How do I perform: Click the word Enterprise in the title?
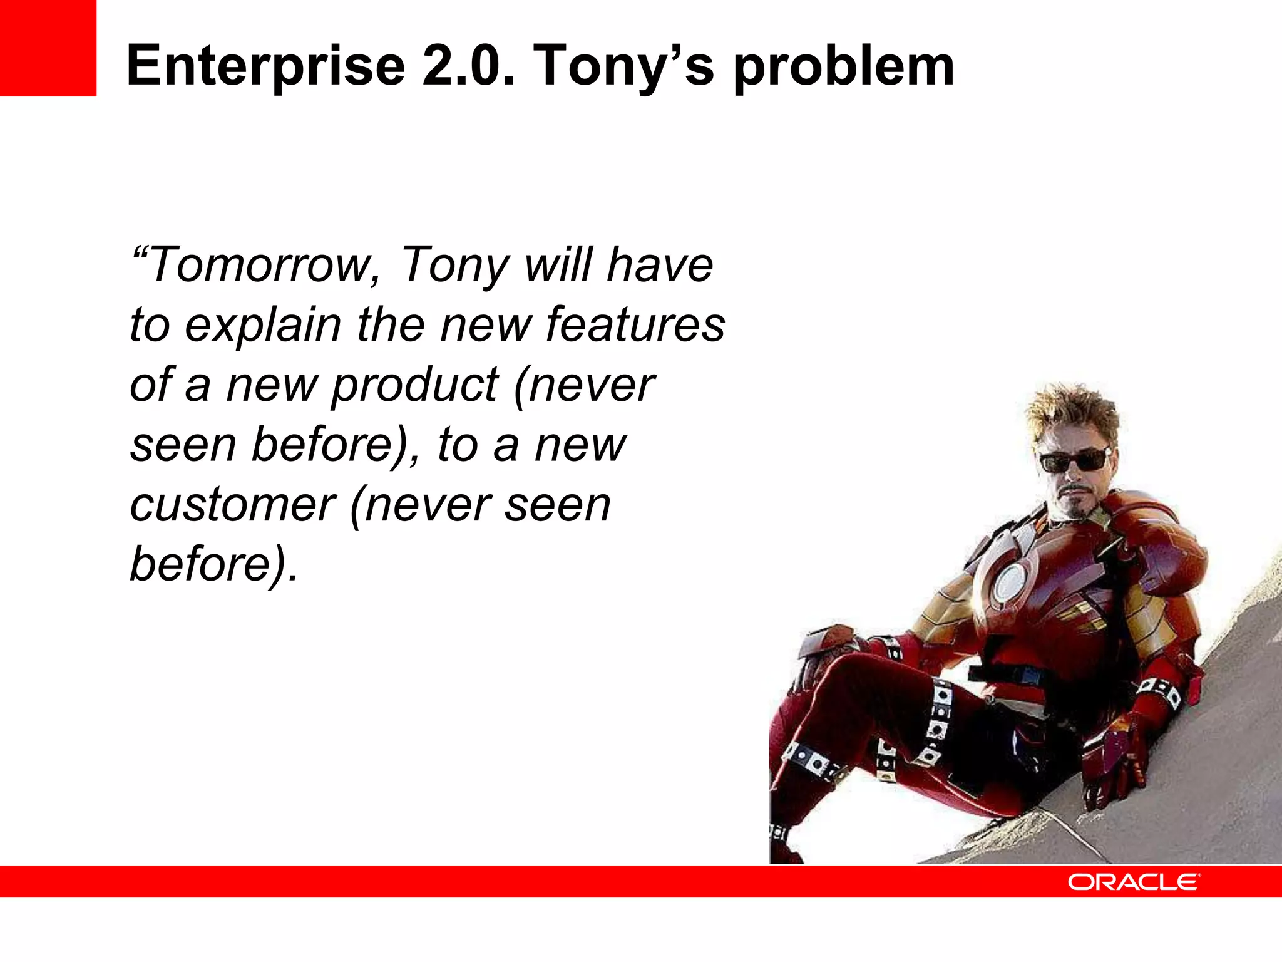click(x=265, y=66)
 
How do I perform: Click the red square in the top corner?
click(x=48, y=48)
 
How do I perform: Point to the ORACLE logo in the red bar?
click(x=1133, y=882)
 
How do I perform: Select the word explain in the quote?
click(x=263, y=326)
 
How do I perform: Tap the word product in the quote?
click(x=414, y=385)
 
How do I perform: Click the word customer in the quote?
click(x=233, y=505)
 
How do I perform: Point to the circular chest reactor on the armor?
click(x=1008, y=582)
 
